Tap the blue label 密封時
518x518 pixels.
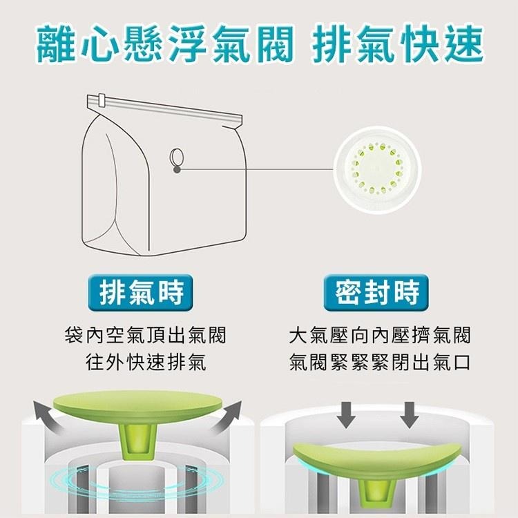coord(377,294)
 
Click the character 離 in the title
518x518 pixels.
coord(57,44)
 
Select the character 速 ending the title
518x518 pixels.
coord(461,44)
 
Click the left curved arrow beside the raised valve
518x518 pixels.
coord(49,416)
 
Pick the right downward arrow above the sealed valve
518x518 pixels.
coord(409,413)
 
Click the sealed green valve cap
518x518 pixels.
coord(376,463)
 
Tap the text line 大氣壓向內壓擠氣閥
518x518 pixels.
coord(379,336)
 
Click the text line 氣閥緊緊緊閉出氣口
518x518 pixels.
coord(379,363)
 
